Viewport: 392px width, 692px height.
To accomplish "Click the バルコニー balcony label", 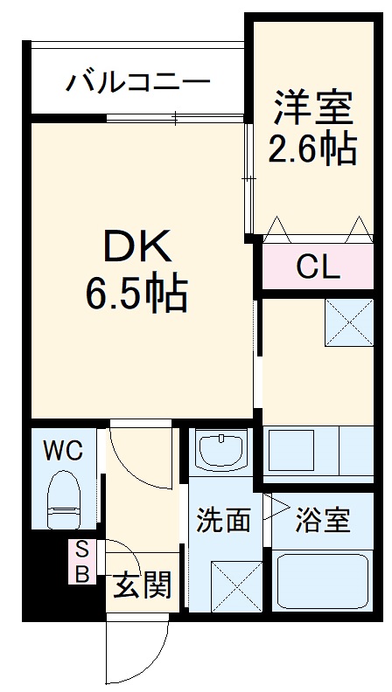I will point(138,84).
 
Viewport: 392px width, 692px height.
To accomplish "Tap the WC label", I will point(63,452).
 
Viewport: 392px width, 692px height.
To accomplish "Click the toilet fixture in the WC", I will point(63,499).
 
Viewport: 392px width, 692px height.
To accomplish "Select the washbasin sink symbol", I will point(221,452).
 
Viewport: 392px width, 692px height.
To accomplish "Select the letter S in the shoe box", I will point(81,550).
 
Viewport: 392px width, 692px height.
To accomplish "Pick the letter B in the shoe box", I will point(81,574).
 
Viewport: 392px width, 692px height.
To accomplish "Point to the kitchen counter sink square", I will point(291,450).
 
